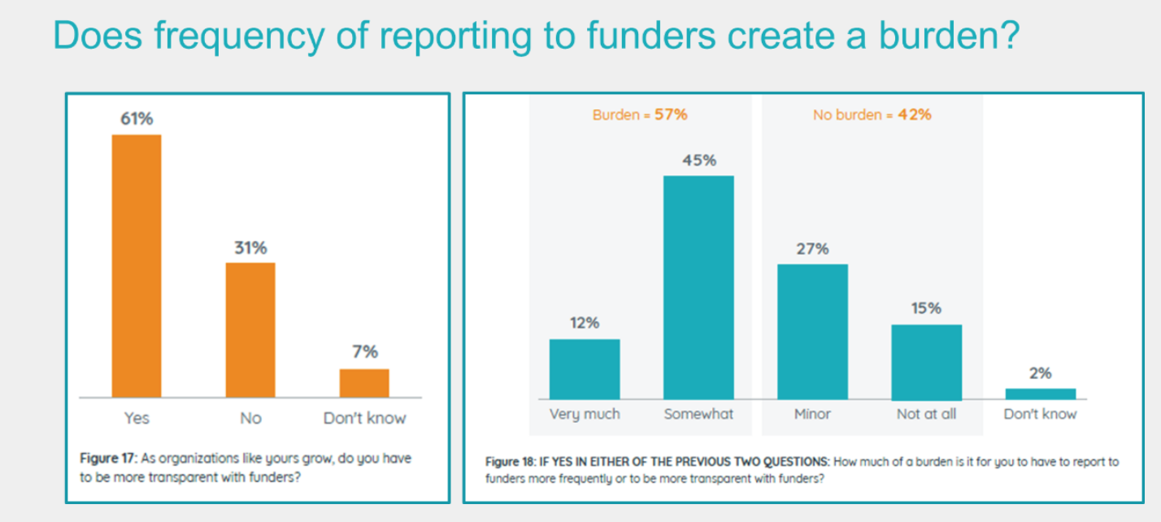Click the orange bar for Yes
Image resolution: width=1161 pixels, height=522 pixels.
[x=137, y=265]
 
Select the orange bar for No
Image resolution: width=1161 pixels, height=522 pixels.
[x=250, y=329]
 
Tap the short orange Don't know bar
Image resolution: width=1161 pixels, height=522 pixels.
[x=364, y=382]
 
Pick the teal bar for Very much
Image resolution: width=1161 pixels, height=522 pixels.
[x=585, y=368]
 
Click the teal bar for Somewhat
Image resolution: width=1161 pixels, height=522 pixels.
[x=698, y=286]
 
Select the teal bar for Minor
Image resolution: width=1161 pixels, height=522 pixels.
[x=812, y=331]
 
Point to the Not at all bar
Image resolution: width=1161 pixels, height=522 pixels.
[x=926, y=362]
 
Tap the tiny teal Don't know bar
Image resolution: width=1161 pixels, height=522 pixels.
[x=1040, y=394]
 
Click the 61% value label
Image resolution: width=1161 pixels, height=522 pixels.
[x=137, y=119]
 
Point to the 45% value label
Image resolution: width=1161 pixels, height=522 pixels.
[x=699, y=160]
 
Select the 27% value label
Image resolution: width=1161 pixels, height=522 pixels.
[x=812, y=249]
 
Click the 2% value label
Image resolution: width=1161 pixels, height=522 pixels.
[x=1040, y=373]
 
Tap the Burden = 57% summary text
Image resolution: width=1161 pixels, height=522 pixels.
[x=640, y=115]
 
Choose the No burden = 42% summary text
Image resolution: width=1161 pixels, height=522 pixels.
[x=872, y=115]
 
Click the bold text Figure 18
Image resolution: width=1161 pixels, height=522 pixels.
[x=511, y=462]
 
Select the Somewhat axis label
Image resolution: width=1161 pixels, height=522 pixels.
[x=698, y=414]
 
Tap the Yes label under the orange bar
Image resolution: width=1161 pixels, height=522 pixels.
[x=137, y=418]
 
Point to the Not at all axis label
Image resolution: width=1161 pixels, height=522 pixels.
[x=926, y=414]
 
